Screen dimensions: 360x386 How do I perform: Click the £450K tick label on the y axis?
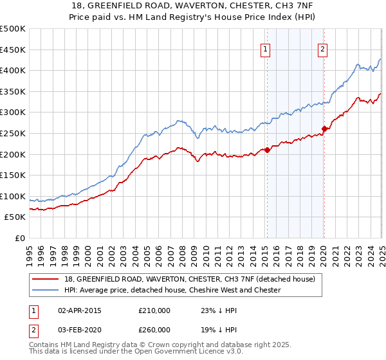pos(13,50)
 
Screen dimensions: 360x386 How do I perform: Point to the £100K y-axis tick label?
pos(13,196)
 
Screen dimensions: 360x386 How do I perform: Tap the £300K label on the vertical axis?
pos(13,113)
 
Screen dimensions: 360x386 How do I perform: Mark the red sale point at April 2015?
pos(267,150)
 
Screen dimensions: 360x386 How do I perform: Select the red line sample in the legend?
pos(46,279)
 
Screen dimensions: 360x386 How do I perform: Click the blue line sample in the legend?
pos(46,290)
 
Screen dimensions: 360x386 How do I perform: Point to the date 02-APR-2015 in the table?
pos(80,310)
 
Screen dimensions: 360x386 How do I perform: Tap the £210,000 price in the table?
pos(154,310)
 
